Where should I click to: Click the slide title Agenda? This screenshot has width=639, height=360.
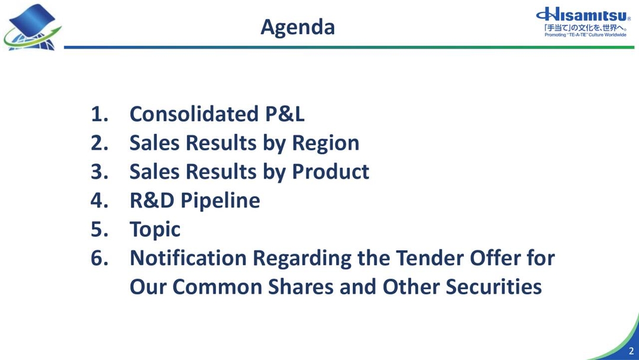click(298, 27)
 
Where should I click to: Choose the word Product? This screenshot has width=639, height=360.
click(331, 172)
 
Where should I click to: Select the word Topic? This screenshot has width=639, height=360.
click(155, 230)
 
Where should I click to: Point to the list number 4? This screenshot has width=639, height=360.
click(98, 201)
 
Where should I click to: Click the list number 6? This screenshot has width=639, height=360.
click(98, 258)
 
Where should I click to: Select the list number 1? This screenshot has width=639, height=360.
click(98, 114)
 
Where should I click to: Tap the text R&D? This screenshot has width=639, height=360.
click(151, 201)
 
